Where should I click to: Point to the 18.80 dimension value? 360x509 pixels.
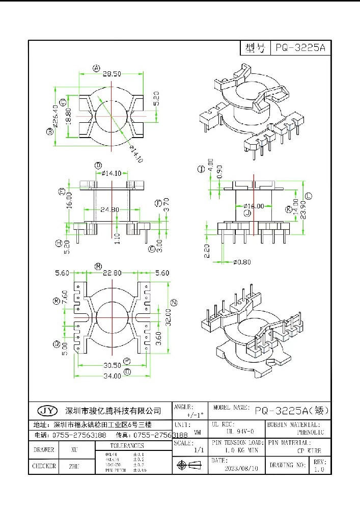coord(69,117)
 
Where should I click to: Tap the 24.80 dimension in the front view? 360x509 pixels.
coord(109,209)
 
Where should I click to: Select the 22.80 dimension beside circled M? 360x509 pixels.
coord(112,273)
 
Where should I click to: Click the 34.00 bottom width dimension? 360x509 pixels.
coord(113,376)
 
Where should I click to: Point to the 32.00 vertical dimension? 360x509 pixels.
coord(167,317)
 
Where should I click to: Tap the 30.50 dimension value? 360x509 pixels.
coord(113,365)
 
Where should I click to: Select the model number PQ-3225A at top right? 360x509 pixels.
coord(299,48)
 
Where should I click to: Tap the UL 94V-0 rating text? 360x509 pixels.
coord(236,432)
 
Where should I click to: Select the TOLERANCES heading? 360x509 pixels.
coord(127,445)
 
